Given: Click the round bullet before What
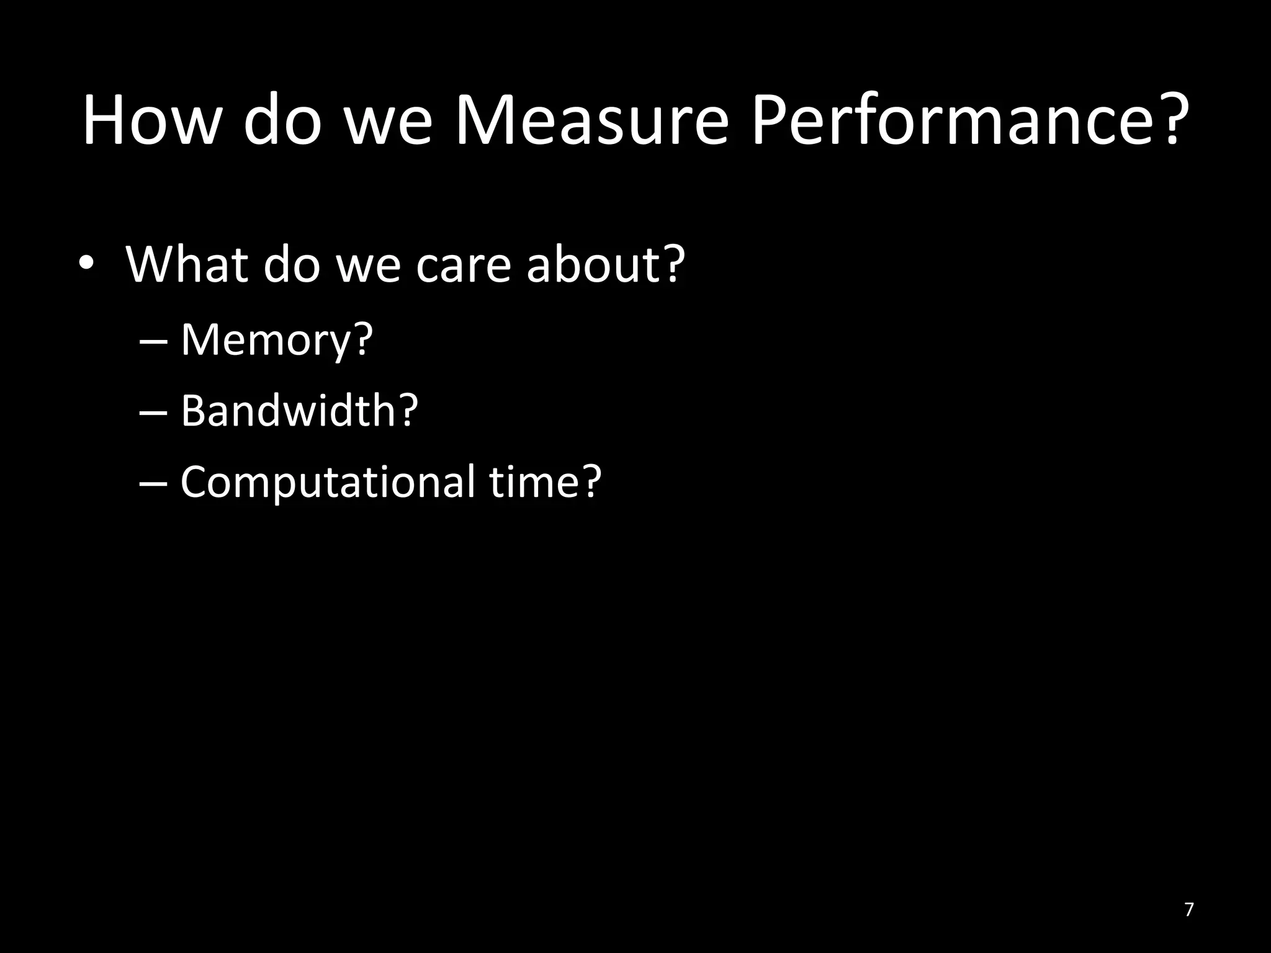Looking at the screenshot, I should (x=86, y=264).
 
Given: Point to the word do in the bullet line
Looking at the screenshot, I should (x=292, y=264).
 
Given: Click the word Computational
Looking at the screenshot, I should (x=326, y=482).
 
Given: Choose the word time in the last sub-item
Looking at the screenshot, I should (x=534, y=482).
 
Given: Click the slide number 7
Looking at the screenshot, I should (x=1189, y=910).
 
